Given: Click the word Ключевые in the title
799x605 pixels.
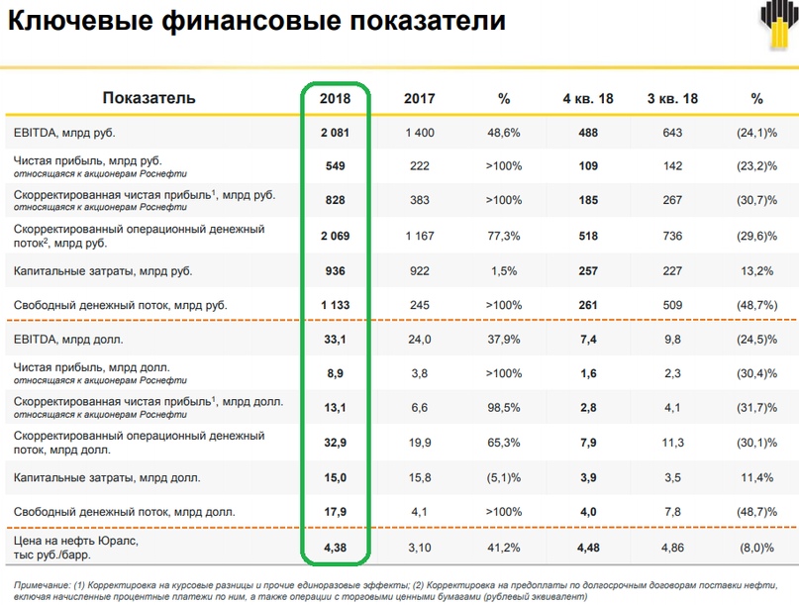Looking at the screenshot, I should click(68, 23).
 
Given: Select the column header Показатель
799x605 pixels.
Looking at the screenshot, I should click(150, 98).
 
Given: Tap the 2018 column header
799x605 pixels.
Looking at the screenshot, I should click(336, 98).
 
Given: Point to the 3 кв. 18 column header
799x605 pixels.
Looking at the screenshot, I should click(672, 98).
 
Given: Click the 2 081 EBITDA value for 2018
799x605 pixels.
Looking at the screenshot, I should click(336, 132).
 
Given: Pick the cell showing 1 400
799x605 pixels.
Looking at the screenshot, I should click(419, 132).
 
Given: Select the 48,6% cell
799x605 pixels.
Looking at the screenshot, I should click(503, 132).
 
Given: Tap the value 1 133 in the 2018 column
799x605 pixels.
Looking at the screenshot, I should click(336, 305).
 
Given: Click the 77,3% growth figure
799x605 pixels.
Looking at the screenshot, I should click(503, 236).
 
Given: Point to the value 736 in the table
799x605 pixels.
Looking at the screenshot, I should click(672, 236).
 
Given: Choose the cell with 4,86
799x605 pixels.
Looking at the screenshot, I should click(672, 546).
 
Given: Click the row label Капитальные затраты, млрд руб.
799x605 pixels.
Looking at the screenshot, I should click(103, 270).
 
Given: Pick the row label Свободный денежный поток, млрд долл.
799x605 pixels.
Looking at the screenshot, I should click(124, 512).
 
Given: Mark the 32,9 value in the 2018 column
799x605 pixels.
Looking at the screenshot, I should click(336, 443).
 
